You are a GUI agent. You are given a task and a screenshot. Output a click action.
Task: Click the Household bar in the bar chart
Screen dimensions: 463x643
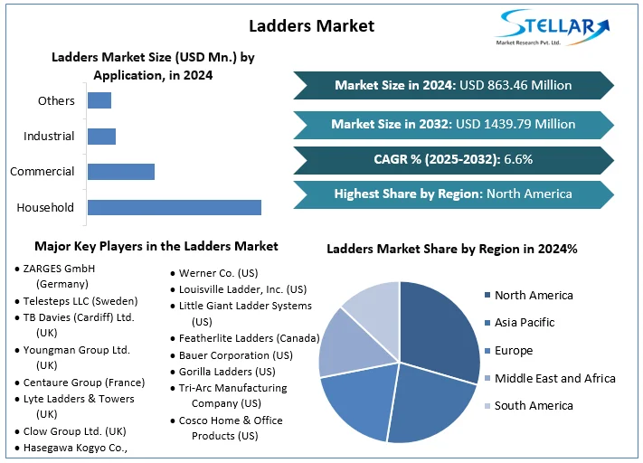174,207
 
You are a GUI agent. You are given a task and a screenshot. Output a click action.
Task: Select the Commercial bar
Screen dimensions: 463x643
120,171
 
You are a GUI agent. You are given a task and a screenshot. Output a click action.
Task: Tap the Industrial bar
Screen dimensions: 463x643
101,137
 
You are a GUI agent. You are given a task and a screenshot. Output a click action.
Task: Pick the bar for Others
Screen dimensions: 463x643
99,100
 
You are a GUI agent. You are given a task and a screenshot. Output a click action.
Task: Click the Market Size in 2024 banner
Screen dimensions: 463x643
453,85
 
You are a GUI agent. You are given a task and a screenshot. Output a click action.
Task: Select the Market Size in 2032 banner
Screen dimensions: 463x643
453,124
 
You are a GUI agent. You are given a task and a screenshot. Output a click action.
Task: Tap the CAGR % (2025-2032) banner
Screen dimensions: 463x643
453,159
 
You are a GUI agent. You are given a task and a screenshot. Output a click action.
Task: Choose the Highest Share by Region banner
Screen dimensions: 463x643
453,194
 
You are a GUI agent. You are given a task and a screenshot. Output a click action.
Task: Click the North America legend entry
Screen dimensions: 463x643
534,295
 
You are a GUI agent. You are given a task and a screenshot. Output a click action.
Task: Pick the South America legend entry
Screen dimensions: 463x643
534,406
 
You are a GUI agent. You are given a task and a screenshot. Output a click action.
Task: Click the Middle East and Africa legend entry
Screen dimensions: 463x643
554,378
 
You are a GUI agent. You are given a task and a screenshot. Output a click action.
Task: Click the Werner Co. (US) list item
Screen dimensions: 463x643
218,272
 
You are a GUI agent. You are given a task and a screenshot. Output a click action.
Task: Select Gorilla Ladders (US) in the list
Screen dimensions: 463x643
227,372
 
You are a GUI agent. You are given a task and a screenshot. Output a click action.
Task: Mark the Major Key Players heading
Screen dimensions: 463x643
156,246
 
